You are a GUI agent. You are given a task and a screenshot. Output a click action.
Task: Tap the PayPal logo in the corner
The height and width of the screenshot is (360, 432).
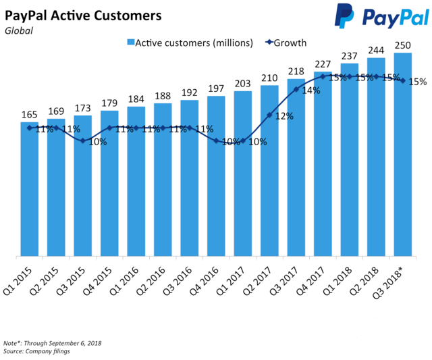[381, 16]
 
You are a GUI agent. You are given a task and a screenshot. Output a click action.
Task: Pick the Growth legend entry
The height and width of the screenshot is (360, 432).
[286, 43]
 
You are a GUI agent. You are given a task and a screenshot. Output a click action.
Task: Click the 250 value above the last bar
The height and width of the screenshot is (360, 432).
[403, 45]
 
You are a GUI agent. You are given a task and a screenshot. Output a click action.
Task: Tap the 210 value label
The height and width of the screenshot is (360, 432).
[269, 78]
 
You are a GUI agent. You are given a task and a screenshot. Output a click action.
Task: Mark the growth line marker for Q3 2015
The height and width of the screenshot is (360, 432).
[82, 140]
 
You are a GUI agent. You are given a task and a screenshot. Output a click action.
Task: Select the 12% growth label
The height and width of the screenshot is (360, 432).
[284, 116]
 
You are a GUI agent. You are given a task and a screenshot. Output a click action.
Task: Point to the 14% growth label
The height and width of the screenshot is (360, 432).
[311, 90]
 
